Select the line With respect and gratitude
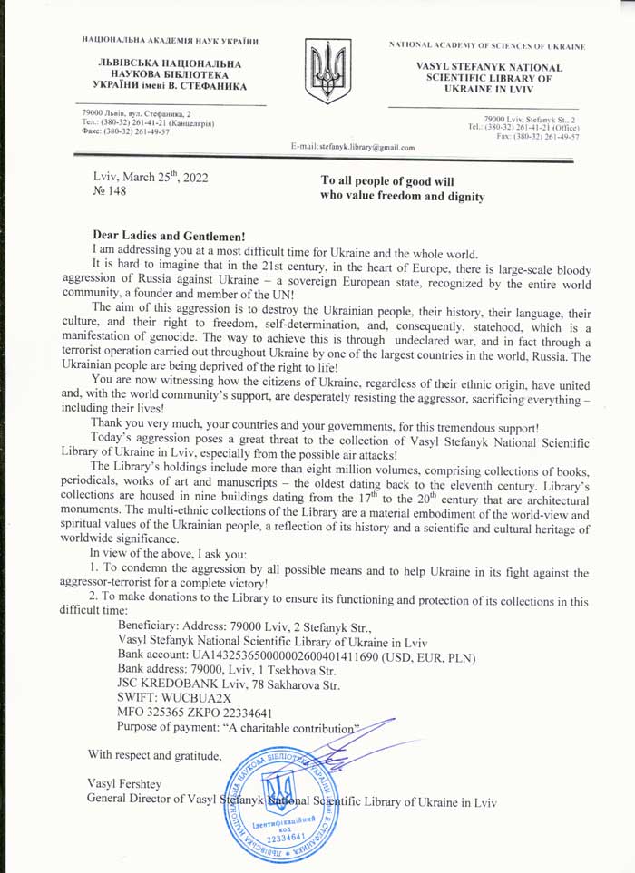pos(153,753)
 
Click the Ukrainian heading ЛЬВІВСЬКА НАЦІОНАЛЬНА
pos(168,63)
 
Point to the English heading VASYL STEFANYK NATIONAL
pos(489,67)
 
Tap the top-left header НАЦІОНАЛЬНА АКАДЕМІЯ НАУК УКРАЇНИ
pos(170,40)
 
